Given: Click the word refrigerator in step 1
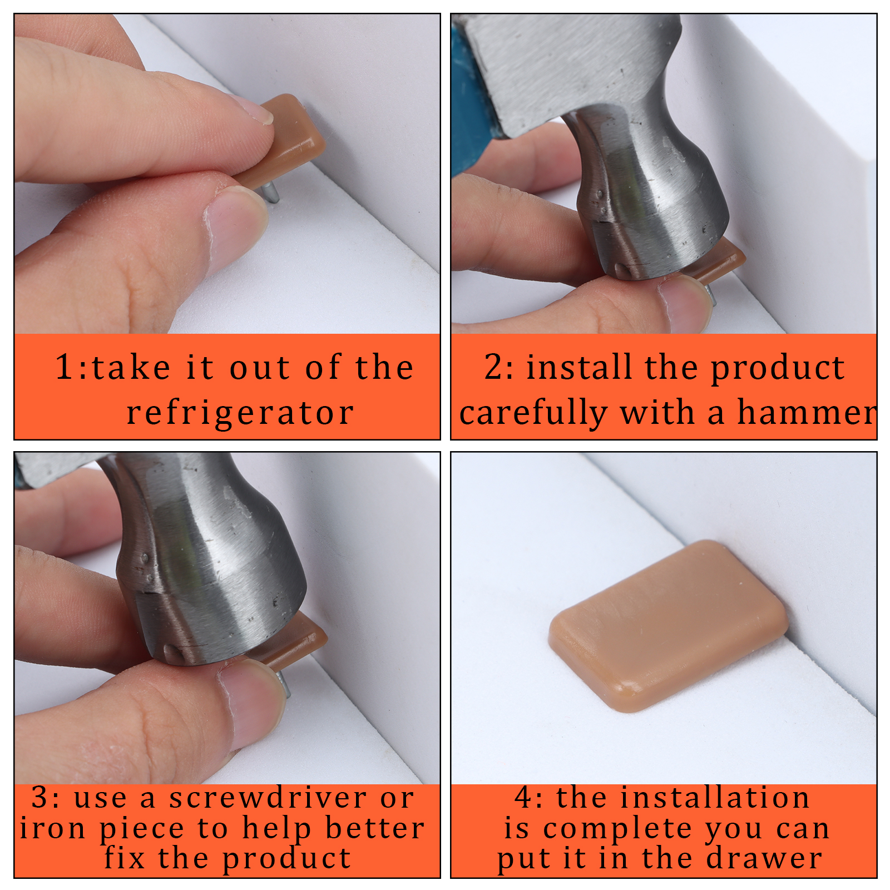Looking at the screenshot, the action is point(240,413).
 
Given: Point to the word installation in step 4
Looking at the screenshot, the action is point(715,798).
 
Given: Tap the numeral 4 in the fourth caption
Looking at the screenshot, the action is point(525,798).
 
